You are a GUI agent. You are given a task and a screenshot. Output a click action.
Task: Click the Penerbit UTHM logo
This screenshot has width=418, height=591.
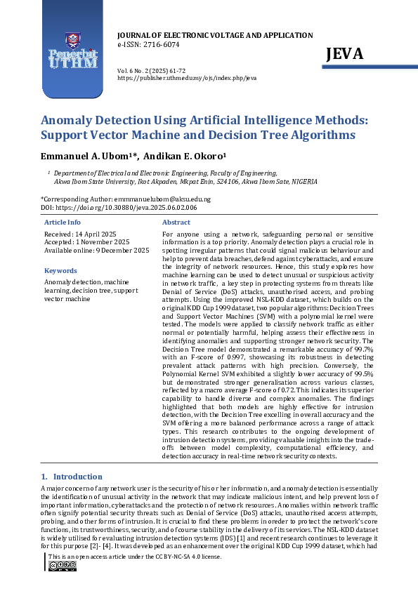(x=72, y=53)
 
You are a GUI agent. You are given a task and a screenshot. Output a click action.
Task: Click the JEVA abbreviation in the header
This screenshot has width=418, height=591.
(x=344, y=54)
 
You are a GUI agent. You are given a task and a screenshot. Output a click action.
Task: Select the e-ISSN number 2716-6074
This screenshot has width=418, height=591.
(x=160, y=44)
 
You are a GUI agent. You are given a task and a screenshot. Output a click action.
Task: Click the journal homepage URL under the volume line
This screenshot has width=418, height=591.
(x=186, y=79)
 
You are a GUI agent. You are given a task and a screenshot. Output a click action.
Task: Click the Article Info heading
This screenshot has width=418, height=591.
(x=63, y=222)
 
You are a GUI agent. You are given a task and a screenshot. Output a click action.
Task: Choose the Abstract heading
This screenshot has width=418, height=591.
(x=176, y=222)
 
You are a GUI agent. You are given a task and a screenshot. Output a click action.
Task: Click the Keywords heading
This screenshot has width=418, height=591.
(x=60, y=270)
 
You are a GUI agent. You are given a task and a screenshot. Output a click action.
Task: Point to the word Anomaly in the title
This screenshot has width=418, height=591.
(x=69, y=120)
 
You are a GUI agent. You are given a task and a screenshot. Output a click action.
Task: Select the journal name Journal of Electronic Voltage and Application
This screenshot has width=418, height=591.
(x=214, y=35)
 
